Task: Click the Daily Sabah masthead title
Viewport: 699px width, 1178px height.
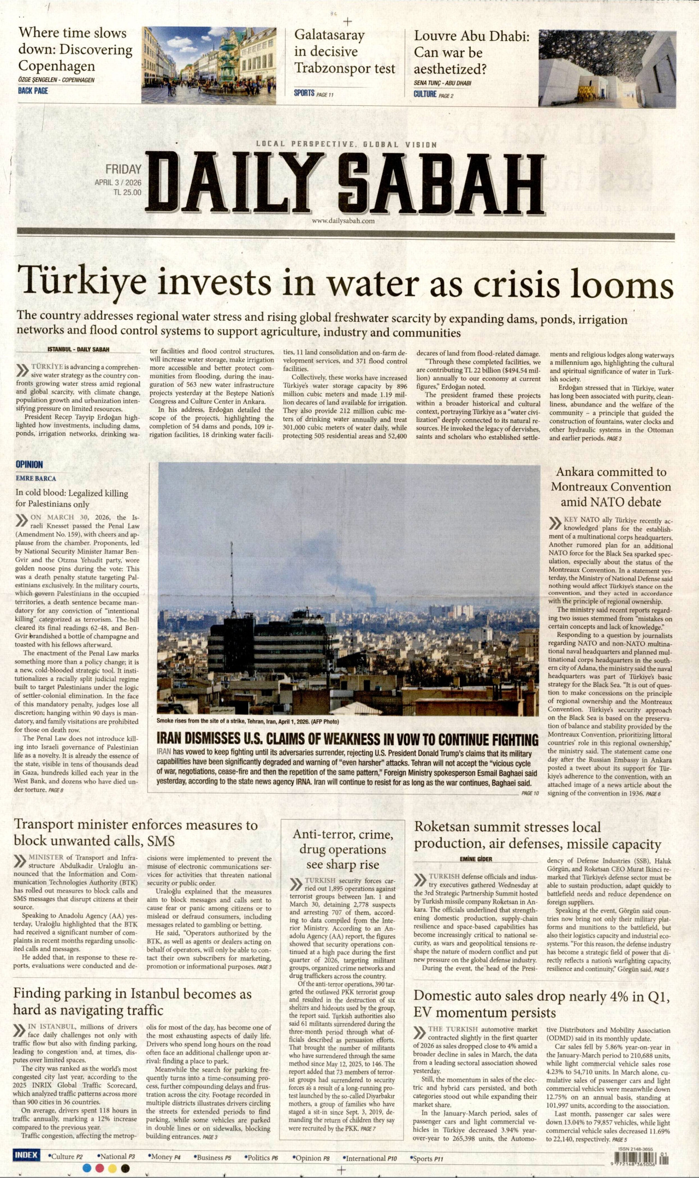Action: tap(345, 182)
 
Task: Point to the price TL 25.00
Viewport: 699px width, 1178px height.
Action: tap(127, 193)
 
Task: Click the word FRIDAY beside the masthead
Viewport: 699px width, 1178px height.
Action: tap(123, 170)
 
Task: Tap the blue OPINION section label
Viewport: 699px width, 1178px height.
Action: tap(29, 464)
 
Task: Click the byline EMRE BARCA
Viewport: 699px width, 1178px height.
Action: tap(36, 479)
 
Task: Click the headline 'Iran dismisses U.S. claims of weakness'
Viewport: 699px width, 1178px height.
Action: tap(347, 739)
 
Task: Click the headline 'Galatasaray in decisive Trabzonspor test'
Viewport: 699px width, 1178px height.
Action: tap(344, 52)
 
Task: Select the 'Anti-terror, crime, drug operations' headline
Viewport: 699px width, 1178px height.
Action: tap(342, 849)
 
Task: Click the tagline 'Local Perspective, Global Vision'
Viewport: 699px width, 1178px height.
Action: tap(346, 145)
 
